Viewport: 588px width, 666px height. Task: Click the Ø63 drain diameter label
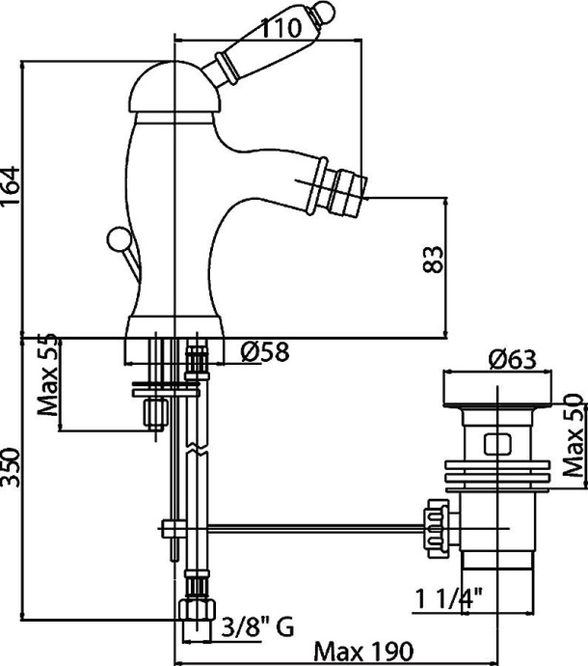[511, 359]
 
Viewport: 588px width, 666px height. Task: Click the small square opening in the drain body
[496, 445]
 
